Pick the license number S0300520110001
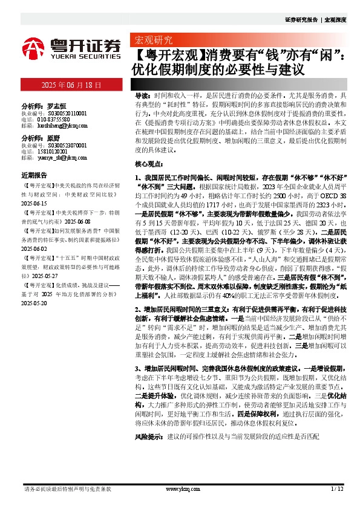click(x=63, y=112)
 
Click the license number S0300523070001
click(x=63, y=146)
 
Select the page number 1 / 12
click(x=337, y=488)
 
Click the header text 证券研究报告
click(x=301, y=20)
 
